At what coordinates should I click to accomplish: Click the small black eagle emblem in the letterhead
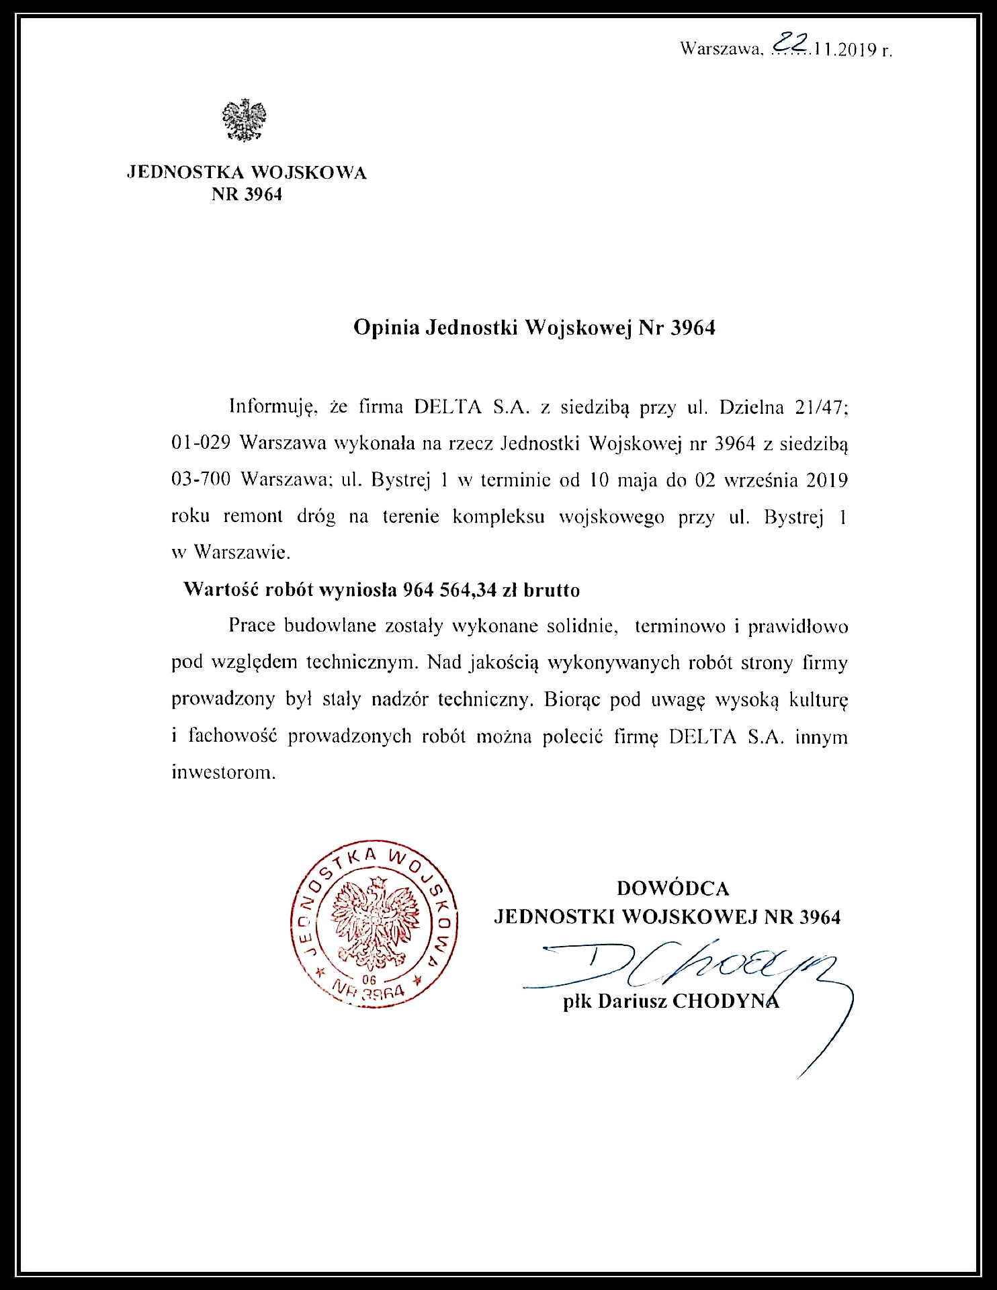tap(245, 120)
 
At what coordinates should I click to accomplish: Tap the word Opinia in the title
tap(386, 327)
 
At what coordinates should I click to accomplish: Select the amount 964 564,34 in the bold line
tap(449, 590)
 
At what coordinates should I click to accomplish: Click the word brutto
tap(552, 590)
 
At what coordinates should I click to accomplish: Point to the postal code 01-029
tap(201, 443)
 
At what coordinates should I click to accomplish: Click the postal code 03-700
tap(201, 480)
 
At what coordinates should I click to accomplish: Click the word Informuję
tap(272, 406)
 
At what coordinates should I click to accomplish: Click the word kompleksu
tap(498, 517)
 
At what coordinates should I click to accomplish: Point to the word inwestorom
tap(224, 772)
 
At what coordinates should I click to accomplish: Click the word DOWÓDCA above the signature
tap(673, 888)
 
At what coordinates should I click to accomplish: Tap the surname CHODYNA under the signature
tap(726, 1001)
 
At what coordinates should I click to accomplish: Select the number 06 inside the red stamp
tap(369, 980)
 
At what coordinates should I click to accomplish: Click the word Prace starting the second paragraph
tap(252, 626)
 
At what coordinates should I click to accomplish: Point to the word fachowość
tap(232, 736)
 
